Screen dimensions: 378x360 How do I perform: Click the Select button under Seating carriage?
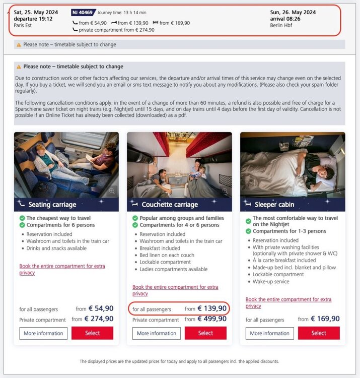(x=92, y=333)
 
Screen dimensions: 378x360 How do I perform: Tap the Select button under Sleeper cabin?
(x=319, y=333)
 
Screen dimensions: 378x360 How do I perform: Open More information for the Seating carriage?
(x=43, y=333)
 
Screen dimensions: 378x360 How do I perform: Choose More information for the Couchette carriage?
(x=157, y=333)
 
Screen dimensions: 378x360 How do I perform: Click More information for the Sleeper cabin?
(x=269, y=333)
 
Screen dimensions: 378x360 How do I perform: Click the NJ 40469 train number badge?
(x=82, y=12)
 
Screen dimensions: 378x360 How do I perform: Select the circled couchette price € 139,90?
(x=212, y=308)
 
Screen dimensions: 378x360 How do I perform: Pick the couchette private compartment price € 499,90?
(x=212, y=319)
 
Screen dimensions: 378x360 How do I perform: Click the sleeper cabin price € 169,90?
(x=325, y=319)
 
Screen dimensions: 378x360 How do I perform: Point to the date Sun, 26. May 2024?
(x=293, y=12)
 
